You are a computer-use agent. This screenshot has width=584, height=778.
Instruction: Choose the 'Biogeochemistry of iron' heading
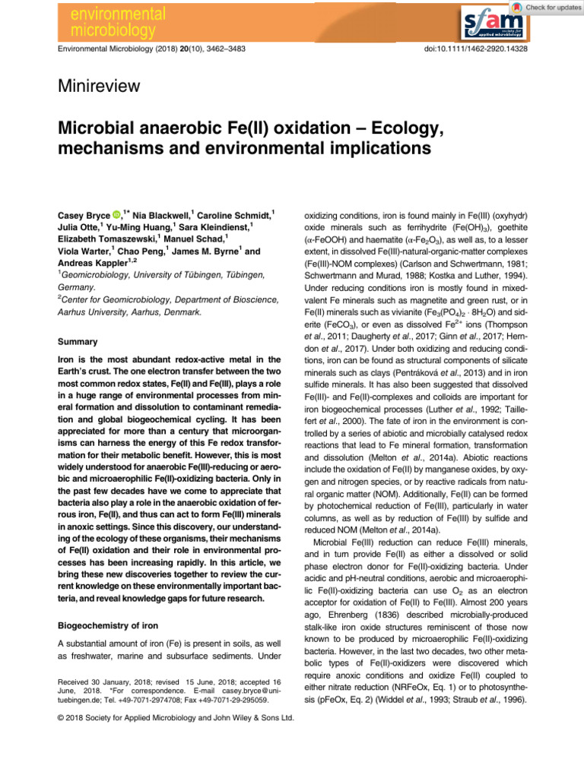[x=113, y=627]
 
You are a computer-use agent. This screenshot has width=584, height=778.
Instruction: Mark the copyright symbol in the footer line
[x=61, y=717]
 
